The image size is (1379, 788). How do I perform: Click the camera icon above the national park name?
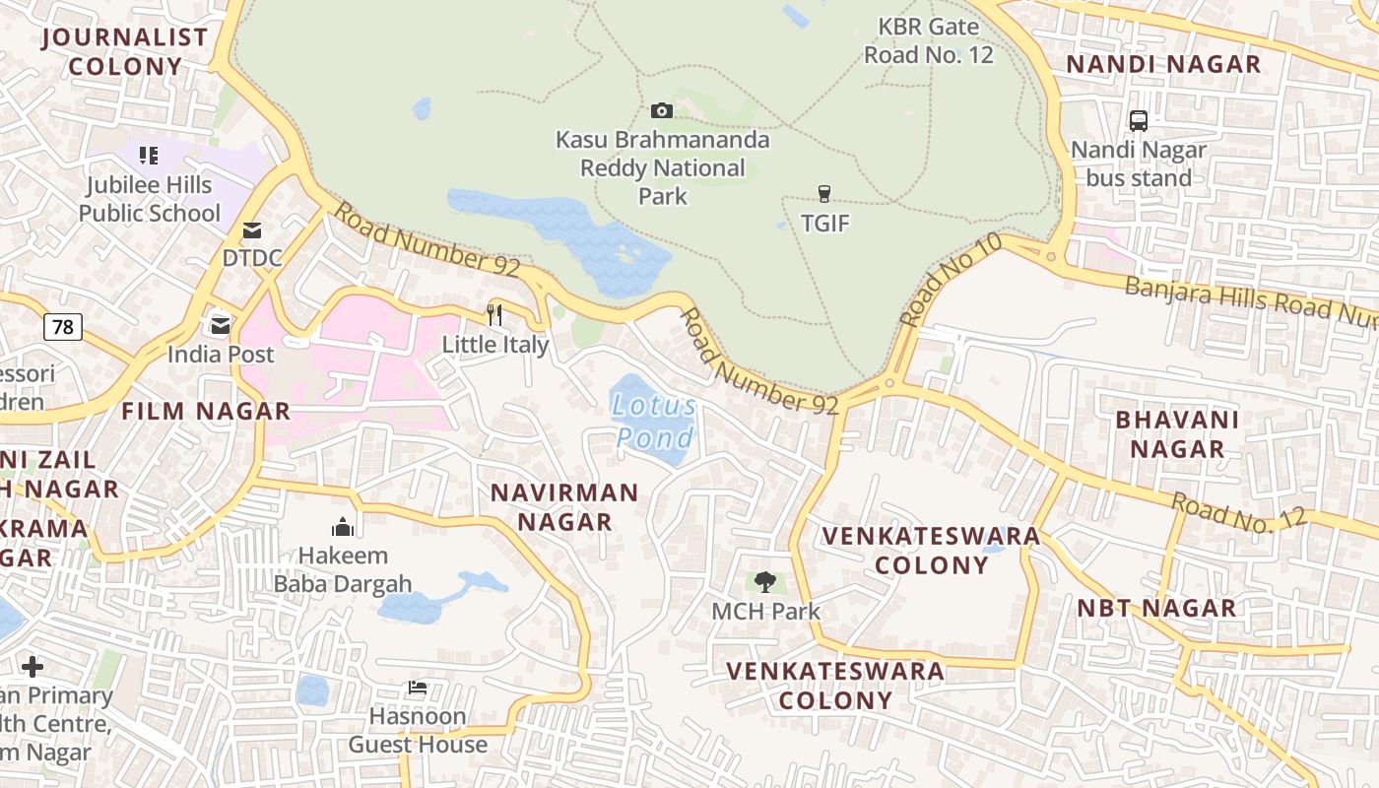[x=662, y=110]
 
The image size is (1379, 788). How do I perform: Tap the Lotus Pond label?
[x=654, y=422]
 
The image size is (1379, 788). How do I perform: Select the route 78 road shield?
[x=62, y=327]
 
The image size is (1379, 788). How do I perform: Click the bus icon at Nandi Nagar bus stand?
[x=1139, y=121]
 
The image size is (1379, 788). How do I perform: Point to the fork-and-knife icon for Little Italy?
[x=494, y=315]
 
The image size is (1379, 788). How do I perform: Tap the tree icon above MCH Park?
[x=765, y=582]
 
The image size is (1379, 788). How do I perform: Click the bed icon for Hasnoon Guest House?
[x=418, y=688]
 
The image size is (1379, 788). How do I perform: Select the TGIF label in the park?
[x=824, y=224]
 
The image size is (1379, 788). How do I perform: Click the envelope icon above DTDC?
[x=252, y=230]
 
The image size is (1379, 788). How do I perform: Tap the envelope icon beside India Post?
[x=220, y=324]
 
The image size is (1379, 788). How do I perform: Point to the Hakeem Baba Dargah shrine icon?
[x=343, y=527]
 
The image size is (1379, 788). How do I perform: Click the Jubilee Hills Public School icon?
[x=149, y=156]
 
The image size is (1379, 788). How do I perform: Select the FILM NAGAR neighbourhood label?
[x=206, y=412]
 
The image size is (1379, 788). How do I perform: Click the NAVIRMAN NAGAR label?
[x=564, y=506]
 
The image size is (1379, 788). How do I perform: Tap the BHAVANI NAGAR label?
[x=1176, y=434]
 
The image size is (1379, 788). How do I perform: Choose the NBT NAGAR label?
[x=1156, y=608]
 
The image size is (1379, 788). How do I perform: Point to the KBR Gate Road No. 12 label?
[x=929, y=41]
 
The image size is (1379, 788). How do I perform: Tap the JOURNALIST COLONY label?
[x=125, y=52]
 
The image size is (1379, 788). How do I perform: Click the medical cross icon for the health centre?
[x=33, y=667]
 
